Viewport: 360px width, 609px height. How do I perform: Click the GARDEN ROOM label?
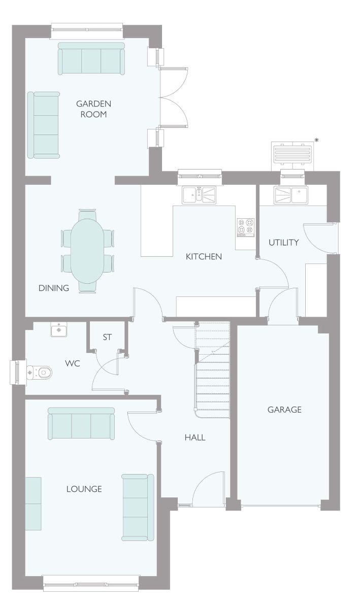click(x=93, y=109)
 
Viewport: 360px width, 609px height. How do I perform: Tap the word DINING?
click(x=54, y=288)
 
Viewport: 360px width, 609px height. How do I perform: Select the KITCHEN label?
click(x=204, y=256)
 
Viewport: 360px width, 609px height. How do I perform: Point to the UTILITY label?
click(x=284, y=242)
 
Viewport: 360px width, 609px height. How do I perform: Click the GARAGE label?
click(x=284, y=410)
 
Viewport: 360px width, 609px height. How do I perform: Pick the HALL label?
click(x=195, y=437)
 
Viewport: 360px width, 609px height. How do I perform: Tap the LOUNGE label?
click(x=84, y=489)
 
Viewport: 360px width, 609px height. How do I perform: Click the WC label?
click(x=73, y=363)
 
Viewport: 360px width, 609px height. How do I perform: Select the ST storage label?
click(x=107, y=337)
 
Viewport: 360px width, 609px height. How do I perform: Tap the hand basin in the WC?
click(x=59, y=330)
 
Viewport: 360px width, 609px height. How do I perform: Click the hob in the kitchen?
click(x=246, y=227)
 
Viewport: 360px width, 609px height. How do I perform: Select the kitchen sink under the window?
click(x=199, y=195)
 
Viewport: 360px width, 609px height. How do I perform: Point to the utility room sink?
click(x=291, y=195)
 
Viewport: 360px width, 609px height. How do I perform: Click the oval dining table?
click(x=87, y=251)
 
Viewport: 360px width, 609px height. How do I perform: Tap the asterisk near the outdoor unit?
click(x=316, y=140)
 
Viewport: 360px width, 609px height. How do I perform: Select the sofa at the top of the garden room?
click(x=91, y=58)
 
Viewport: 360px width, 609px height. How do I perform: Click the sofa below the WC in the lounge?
click(x=81, y=423)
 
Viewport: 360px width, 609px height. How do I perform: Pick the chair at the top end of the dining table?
click(x=87, y=214)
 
